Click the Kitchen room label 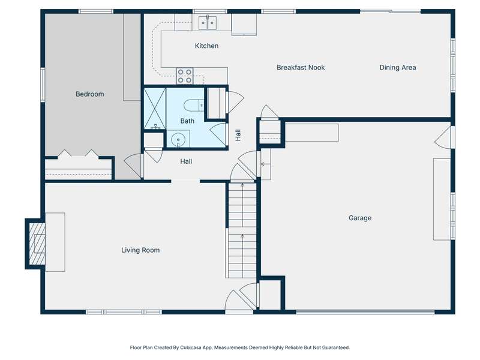click(206, 46)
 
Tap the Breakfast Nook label click(301, 67)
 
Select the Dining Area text click(398, 67)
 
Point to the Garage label click(360, 218)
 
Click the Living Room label click(140, 250)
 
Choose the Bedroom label click(89, 94)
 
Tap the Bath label click(187, 121)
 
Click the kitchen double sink click(208, 22)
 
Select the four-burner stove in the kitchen click(185, 76)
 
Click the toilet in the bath click(193, 105)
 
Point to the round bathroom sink click(178, 140)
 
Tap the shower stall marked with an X click(155, 109)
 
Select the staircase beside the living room click(242, 230)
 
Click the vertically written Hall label click(238, 135)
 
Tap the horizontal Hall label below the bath click(186, 161)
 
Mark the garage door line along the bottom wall click(365, 312)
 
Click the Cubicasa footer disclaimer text click(239, 347)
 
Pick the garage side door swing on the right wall click(443, 138)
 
